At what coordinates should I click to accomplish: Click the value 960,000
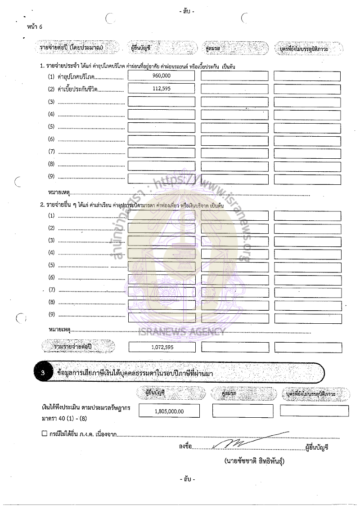(x=161, y=76)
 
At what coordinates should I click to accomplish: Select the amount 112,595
(x=161, y=89)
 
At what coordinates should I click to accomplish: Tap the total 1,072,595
(x=162, y=347)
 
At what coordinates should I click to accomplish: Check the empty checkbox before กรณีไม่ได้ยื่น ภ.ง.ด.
(x=44, y=434)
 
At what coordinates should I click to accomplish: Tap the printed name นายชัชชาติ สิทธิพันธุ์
(x=254, y=461)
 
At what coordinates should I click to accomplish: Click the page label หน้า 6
(x=35, y=27)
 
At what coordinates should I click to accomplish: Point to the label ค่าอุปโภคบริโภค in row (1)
(x=79, y=77)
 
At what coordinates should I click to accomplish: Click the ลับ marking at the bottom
(x=187, y=480)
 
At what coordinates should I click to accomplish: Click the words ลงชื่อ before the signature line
(x=185, y=446)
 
